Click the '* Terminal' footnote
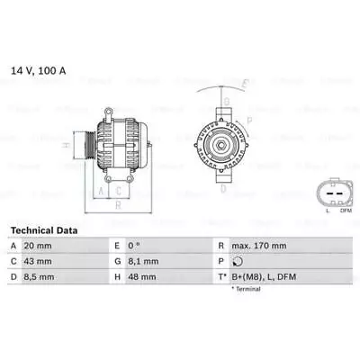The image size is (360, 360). click(x=247, y=289)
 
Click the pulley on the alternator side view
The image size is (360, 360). click(x=85, y=145)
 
